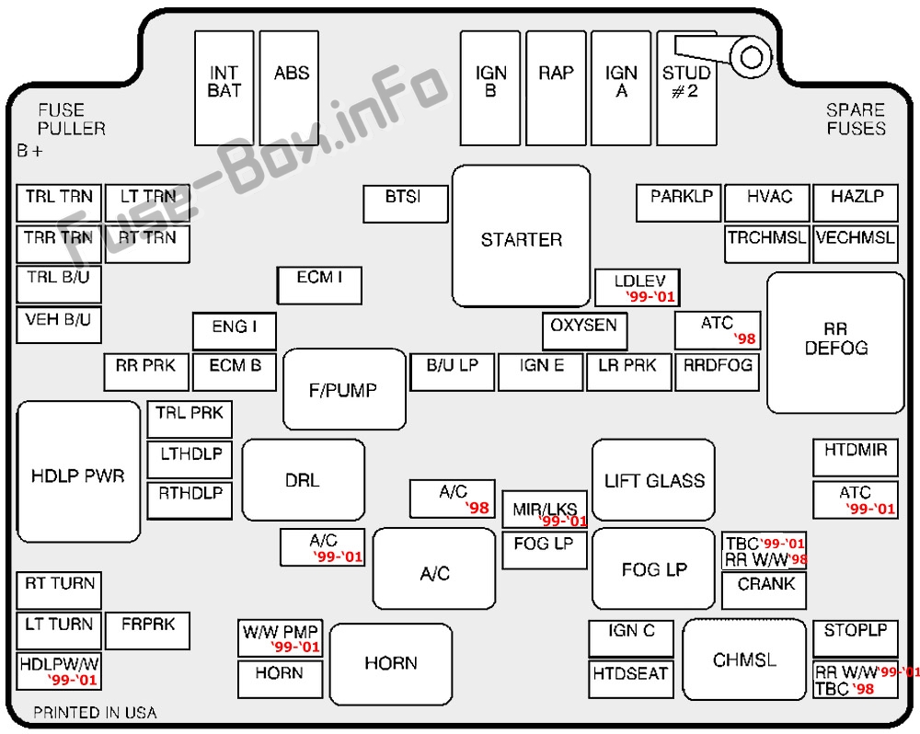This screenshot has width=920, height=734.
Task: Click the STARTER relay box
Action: [x=521, y=236]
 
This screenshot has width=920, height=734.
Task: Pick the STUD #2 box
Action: [x=686, y=87]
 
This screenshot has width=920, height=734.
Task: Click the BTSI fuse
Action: [x=405, y=203]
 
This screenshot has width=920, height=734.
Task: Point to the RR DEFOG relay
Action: [x=835, y=342]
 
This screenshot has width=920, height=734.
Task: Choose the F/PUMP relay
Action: [x=344, y=389]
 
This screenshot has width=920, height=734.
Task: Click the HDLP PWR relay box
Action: [x=78, y=472]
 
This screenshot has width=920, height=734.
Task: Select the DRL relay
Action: [x=303, y=480]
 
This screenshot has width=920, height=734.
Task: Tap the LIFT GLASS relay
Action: [x=653, y=480]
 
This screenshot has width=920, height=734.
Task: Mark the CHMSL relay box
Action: [x=744, y=659]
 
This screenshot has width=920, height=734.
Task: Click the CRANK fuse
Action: [x=765, y=591]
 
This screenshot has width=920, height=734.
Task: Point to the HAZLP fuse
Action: [x=856, y=202]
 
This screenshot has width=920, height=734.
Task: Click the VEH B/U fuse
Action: [x=59, y=325]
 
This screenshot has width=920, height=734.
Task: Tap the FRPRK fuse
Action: [x=148, y=630]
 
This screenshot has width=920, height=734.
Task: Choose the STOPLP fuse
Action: [x=855, y=637]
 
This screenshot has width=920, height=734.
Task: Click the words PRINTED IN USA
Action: [x=95, y=713]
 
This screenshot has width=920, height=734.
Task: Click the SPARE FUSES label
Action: [x=856, y=120]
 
